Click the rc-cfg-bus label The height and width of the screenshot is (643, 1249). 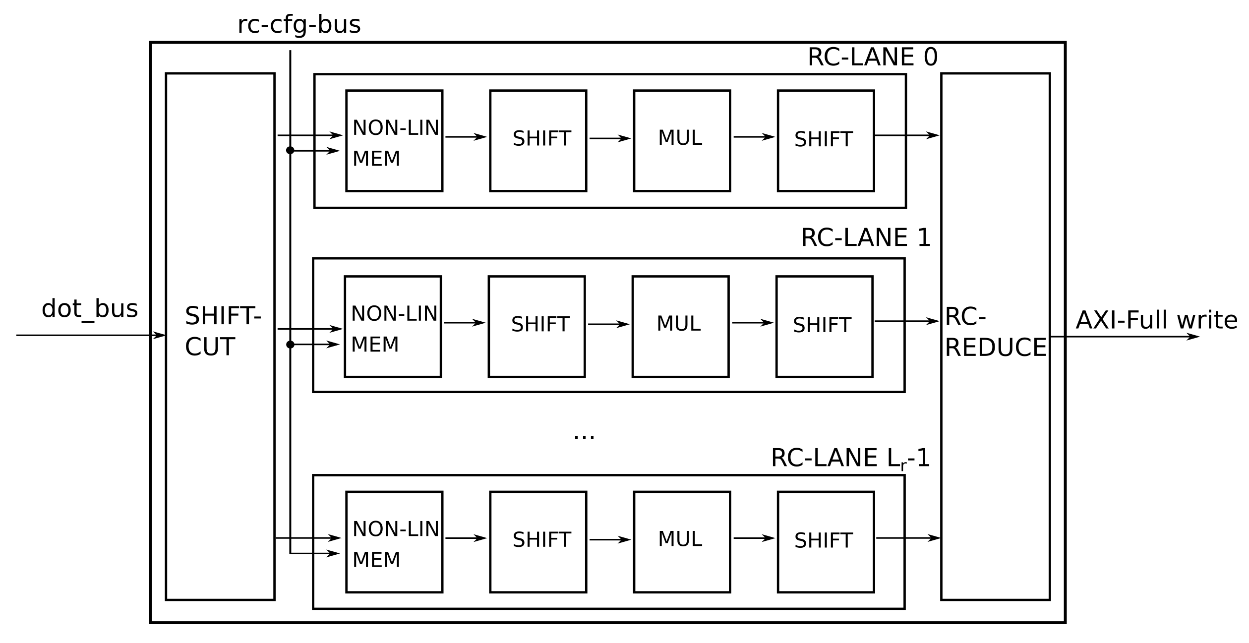point(298,25)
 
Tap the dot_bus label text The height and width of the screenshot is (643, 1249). point(89,309)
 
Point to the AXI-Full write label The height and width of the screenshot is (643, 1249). point(1156,320)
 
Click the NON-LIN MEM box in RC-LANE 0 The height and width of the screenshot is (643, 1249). point(394,141)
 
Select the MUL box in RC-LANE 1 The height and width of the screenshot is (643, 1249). point(680,326)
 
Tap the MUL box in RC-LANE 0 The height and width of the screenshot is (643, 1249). point(682,141)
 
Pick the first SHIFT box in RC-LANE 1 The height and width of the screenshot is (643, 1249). point(536,326)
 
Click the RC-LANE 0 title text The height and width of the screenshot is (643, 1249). point(872,57)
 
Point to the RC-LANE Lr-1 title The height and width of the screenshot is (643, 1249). point(850,458)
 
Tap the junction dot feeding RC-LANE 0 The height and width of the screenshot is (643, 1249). point(290,150)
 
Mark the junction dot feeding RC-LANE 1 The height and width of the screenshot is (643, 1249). point(290,345)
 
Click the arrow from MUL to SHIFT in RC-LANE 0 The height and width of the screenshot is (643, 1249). point(754,137)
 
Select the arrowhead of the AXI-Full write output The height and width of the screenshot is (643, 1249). point(1192,337)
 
